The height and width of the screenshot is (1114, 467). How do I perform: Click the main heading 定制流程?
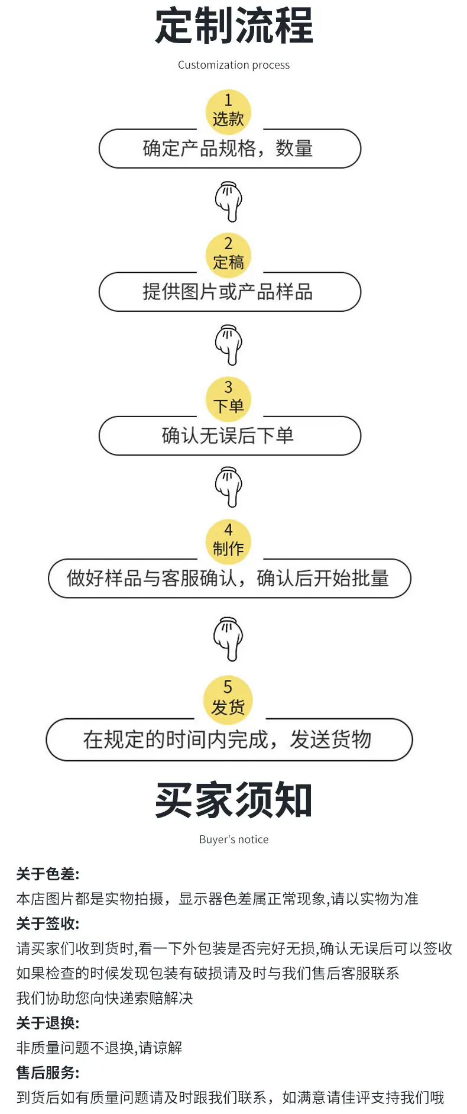234,26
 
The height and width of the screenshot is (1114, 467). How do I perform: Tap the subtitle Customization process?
234,65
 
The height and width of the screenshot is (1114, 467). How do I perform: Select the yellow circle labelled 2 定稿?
228,255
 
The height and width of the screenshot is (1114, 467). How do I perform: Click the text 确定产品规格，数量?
228,148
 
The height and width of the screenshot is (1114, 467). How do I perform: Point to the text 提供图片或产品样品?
228,292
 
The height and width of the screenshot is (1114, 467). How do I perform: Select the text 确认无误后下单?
228,435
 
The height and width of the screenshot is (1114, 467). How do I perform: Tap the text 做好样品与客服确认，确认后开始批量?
228,578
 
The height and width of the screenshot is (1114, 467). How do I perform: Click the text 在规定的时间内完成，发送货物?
228,739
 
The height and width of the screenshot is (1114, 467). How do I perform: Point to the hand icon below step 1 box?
228,202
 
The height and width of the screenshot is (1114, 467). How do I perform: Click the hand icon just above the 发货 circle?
228,638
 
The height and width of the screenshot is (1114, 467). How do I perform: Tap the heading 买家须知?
234,800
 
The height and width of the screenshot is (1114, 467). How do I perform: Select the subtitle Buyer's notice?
234,839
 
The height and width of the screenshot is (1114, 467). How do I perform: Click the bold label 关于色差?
48,874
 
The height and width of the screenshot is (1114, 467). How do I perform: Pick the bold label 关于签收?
48,924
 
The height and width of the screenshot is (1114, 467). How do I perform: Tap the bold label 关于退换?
48,1023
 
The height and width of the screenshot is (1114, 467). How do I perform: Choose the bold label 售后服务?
48,1073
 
